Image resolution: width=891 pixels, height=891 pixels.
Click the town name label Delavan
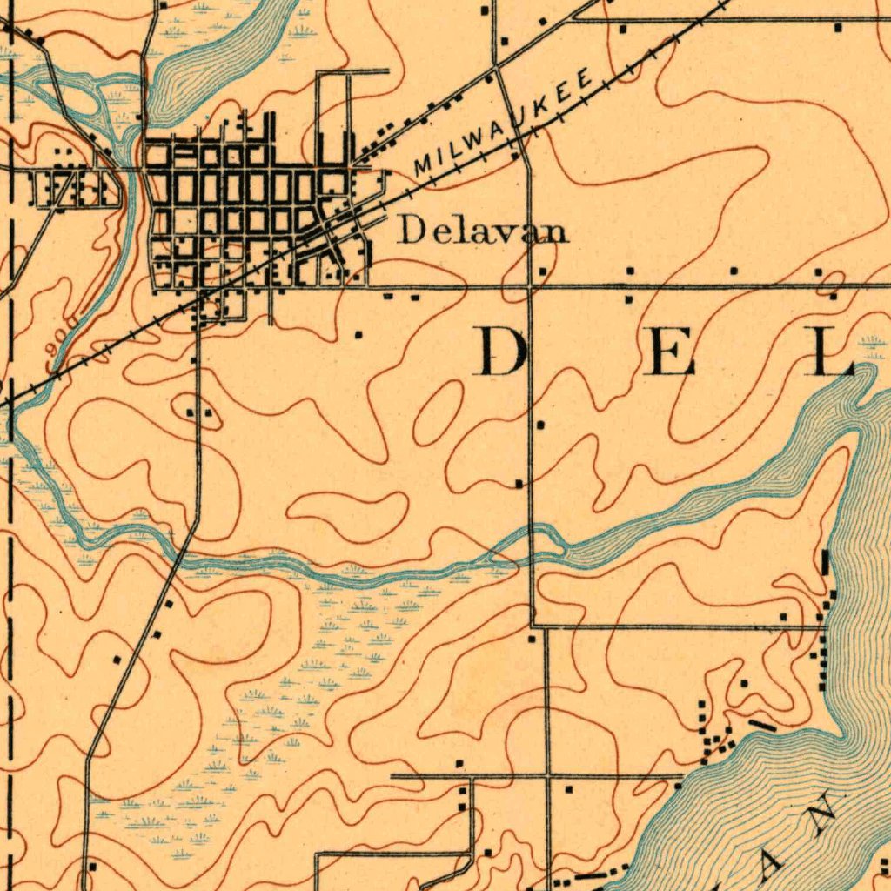(483, 231)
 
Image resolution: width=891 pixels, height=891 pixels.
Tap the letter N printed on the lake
(821, 814)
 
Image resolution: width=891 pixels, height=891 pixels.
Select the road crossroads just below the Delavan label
(530, 285)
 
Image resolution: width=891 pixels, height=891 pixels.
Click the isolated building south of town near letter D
(358, 333)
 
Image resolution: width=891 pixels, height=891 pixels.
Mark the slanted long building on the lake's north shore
(762, 724)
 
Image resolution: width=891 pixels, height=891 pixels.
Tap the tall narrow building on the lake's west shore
(825, 563)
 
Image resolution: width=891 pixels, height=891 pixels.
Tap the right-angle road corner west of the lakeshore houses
(532, 626)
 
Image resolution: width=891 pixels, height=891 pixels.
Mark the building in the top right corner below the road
(838, 29)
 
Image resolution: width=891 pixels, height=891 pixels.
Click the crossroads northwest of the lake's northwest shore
(547, 774)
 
